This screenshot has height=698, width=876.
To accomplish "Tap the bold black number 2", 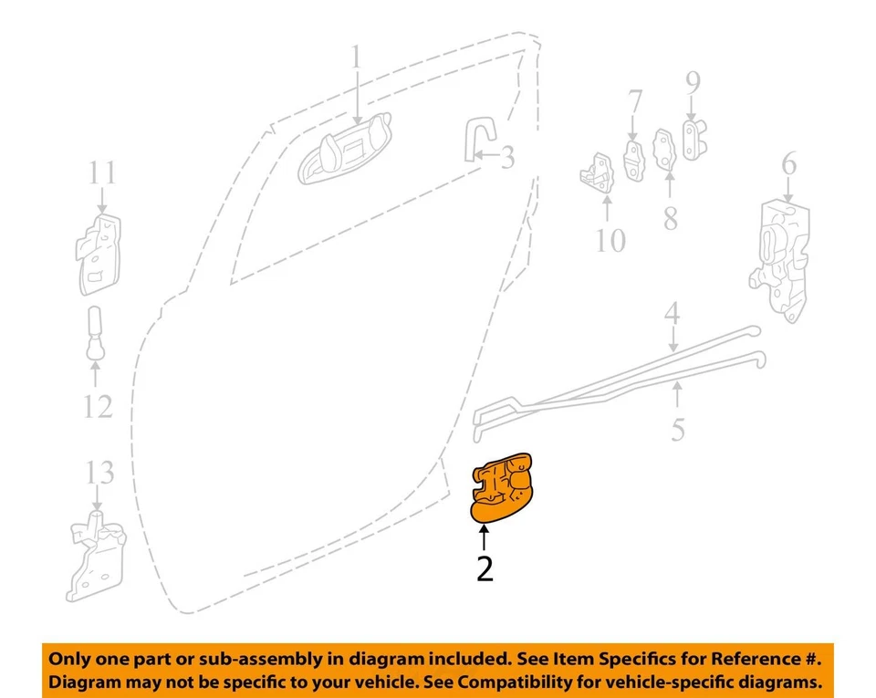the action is [485, 568].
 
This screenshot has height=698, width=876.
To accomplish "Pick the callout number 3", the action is [506, 158].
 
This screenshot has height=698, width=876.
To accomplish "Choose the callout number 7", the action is [635, 101].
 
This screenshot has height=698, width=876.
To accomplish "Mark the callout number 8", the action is [671, 218].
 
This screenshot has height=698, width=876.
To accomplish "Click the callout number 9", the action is [693, 83].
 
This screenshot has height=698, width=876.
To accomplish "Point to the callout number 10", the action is [610, 241].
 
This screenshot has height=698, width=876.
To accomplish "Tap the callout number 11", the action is [103, 172].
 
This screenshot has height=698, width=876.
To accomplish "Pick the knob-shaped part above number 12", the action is [97, 333].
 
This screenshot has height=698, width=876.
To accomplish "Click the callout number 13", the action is [99, 473].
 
